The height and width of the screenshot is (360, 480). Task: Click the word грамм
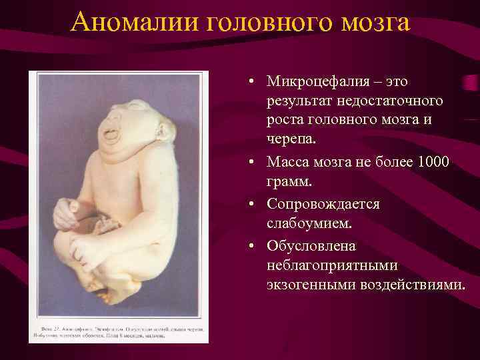[288, 181]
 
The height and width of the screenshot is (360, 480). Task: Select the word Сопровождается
[323, 204]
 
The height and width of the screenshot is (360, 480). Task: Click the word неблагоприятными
[332, 265]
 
